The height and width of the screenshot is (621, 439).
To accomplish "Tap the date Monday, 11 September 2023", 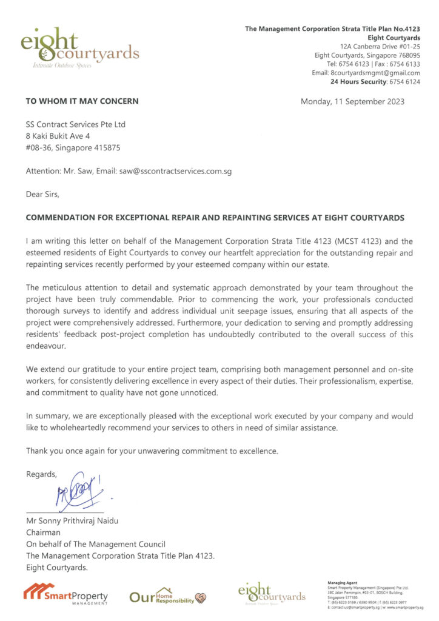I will coord(352,101).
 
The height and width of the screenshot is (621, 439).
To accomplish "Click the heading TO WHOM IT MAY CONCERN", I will coord(82,101).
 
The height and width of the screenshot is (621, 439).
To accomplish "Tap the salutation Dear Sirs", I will coord(43,194).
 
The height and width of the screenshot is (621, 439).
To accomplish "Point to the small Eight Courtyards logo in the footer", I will coord(272,594).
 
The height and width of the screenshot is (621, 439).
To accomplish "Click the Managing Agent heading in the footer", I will coord(341,582).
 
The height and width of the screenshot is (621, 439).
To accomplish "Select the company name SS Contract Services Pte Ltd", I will coord(75,124).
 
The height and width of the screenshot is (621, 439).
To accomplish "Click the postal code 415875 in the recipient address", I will coord(111,147).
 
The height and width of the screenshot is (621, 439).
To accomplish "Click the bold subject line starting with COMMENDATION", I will coord(215,218).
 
